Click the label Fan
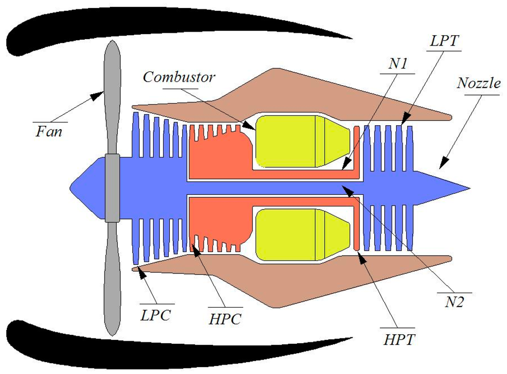pos(49,132)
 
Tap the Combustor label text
pos(179,78)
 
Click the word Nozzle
pos(479,83)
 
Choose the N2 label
pos(454,302)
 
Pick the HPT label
pos(399,339)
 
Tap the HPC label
pos(225,320)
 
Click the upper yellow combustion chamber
pos(292,141)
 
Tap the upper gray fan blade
pos(112,99)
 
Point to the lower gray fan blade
pos(112,277)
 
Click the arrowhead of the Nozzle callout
pos(442,162)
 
